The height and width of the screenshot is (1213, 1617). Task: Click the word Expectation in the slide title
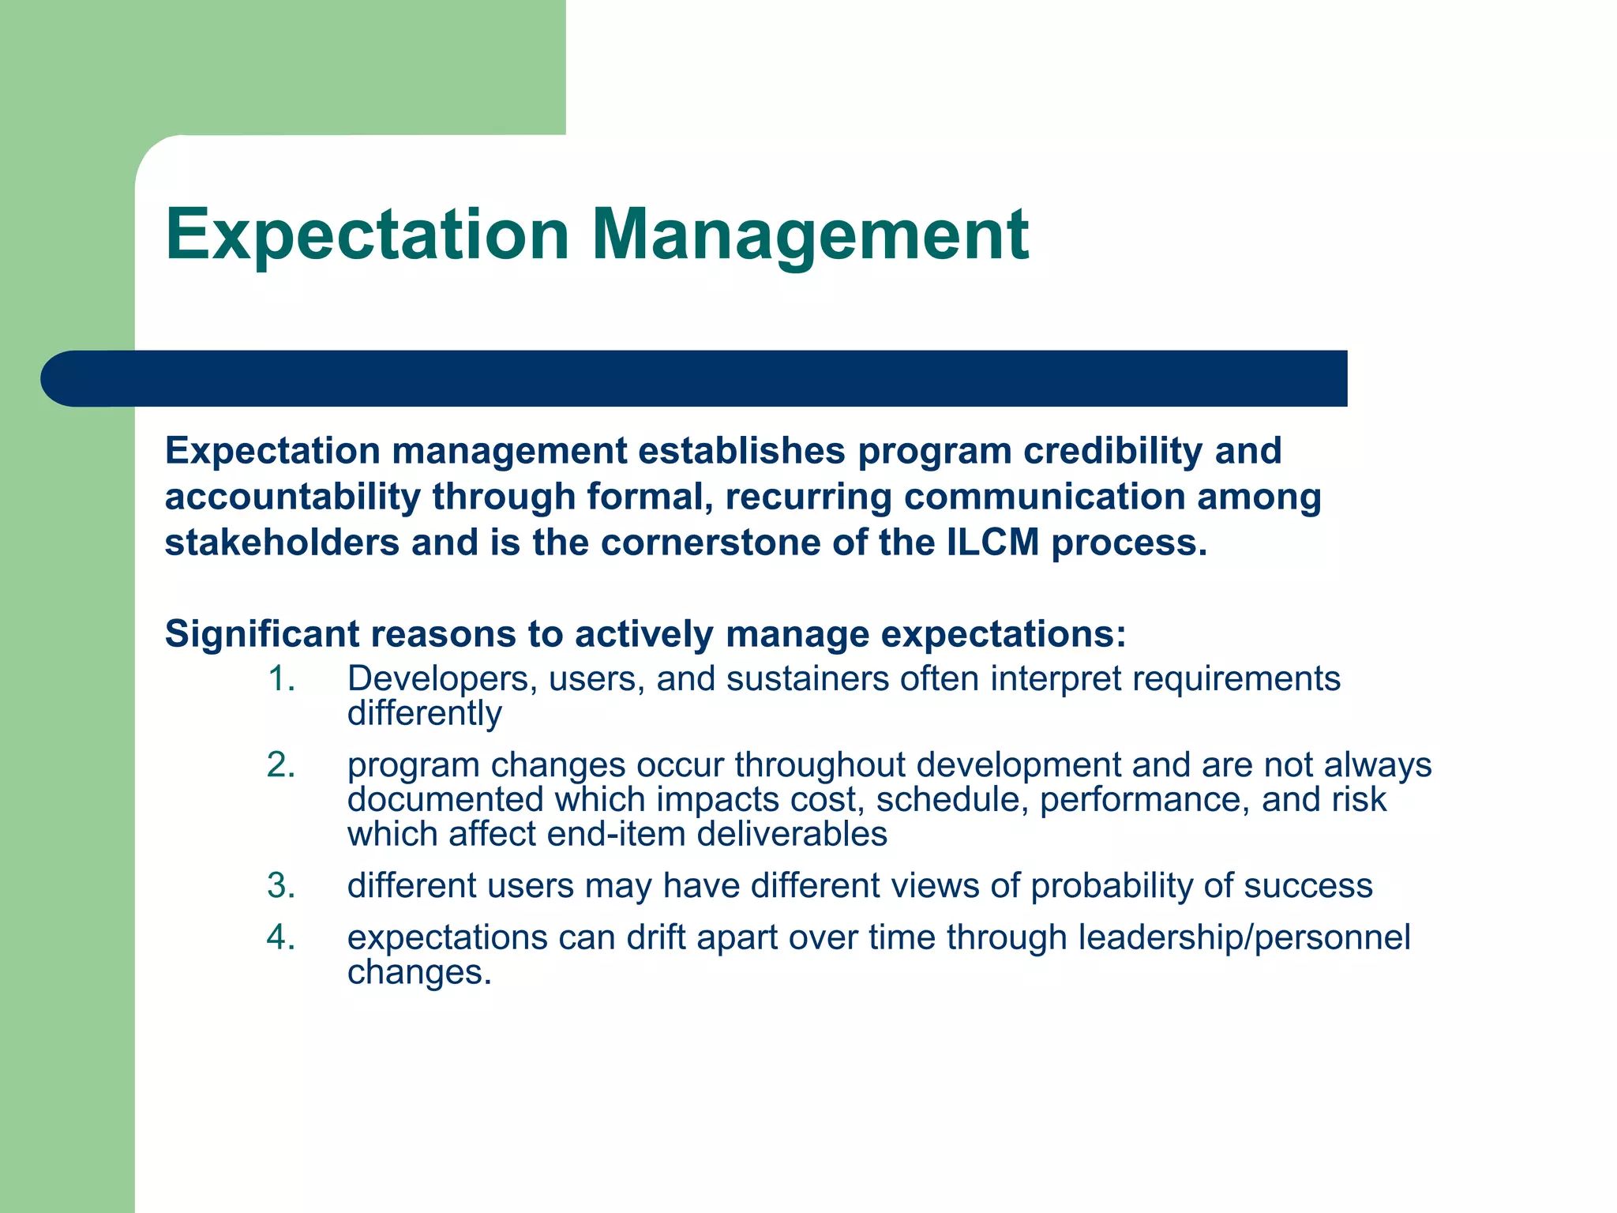point(367,235)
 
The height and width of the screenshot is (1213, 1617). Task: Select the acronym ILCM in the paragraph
point(992,543)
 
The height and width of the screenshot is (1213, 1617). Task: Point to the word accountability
point(292,498)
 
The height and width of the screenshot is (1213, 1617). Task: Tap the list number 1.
point(281,679)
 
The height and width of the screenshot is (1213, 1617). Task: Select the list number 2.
point(281,765)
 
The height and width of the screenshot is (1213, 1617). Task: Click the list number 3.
point(281,886)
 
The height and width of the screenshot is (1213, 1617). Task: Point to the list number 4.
point(281,937)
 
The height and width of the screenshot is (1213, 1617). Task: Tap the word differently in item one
point(424,714)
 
